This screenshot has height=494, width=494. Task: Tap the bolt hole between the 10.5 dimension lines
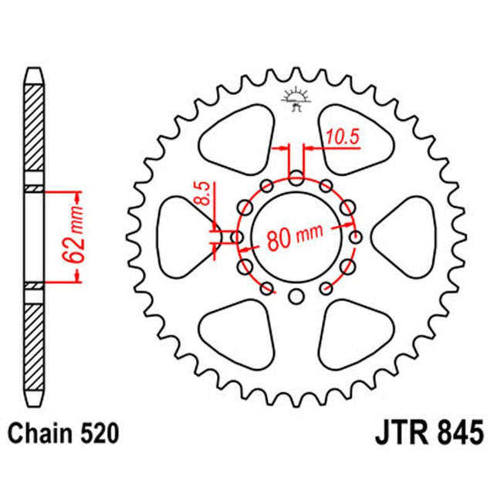(x=296, y=179)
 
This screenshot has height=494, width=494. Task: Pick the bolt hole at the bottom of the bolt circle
(x=296, y=296)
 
